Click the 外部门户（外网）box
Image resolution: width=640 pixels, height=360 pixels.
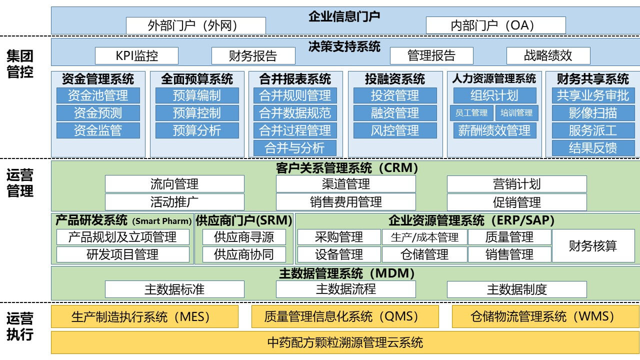[196, 25]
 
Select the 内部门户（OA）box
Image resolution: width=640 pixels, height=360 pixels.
[495, 25]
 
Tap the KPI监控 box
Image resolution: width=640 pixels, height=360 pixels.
[136, 55]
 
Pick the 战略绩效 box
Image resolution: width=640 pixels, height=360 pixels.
[548, 55]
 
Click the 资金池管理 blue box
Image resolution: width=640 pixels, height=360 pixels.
[98, 95]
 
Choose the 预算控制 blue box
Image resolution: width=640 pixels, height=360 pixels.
[197, 113]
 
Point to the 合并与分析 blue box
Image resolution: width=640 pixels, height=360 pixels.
[295, 148]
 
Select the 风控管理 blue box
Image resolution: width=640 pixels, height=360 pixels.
[395, 130]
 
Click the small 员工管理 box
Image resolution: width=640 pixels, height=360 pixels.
[471, 113]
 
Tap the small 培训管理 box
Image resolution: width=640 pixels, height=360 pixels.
[516, 113]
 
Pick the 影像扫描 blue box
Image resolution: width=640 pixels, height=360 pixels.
[593, 113]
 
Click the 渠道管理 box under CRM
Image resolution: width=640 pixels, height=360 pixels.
[345, 184]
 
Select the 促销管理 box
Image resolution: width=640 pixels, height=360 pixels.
[517, 202]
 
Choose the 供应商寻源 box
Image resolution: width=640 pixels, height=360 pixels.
[244, 237]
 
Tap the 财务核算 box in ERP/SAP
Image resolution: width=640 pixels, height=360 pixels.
[593, 245]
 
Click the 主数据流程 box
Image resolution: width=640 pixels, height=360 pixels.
[345, 289]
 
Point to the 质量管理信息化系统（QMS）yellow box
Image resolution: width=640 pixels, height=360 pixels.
[345, 316]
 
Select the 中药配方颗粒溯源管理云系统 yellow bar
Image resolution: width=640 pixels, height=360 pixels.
[345, 342]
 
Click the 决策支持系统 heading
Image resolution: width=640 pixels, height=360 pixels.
[344, 46]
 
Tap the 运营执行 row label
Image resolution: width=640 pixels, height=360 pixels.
[20, 326]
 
